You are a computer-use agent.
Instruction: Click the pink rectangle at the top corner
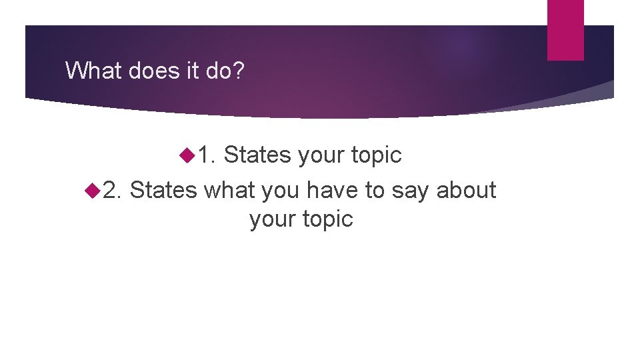[x=565, y=29]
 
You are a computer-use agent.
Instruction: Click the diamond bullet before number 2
[x=92, y=190]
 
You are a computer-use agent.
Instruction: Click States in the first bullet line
[x=257, y=155]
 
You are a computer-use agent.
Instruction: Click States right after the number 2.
[x=163, y=190]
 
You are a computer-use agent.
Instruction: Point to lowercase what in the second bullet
[x=229, y=190]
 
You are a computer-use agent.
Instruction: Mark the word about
[x=467, y=190]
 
